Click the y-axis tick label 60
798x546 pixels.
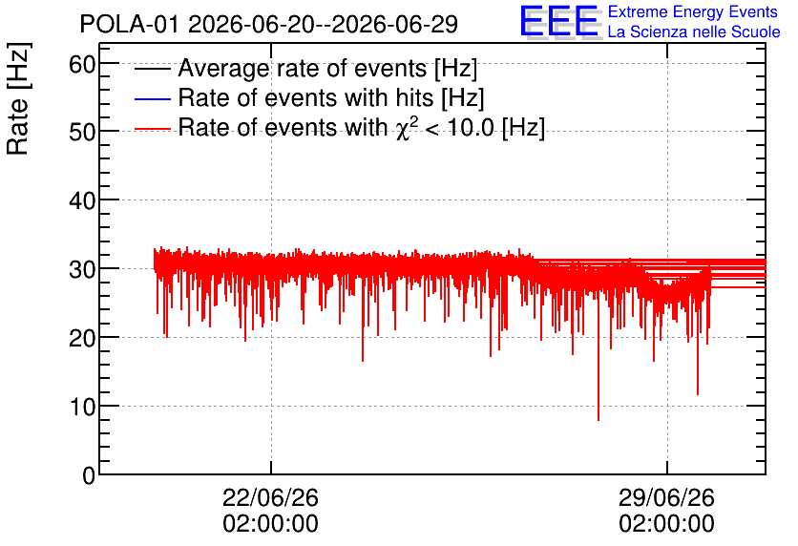pos(82,65)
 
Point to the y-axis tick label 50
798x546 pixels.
pos(82,133)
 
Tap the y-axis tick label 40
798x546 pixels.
pos(82,201)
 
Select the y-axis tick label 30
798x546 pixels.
pos(82,270)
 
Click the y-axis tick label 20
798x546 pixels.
pos(82,339)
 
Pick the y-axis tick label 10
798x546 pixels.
pos(82,407)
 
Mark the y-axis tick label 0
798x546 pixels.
pos(89,475)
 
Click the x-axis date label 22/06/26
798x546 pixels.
pos(270,497)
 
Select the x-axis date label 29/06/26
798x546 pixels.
pos(666,497)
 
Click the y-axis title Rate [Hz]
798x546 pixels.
pos(18,98)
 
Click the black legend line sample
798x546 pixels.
pos(152,69)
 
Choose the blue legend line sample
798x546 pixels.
pos(152,98)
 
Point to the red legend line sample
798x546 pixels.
pos(152,129)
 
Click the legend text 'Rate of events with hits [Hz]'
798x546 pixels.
pos(331,97)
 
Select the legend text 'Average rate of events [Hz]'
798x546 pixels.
pos(327,68)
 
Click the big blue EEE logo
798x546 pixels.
pos(560,21)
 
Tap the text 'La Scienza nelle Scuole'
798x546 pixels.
pos(694,32)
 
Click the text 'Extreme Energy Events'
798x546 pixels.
pos(693,11)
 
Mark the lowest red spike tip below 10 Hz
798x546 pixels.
pos(598,420)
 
